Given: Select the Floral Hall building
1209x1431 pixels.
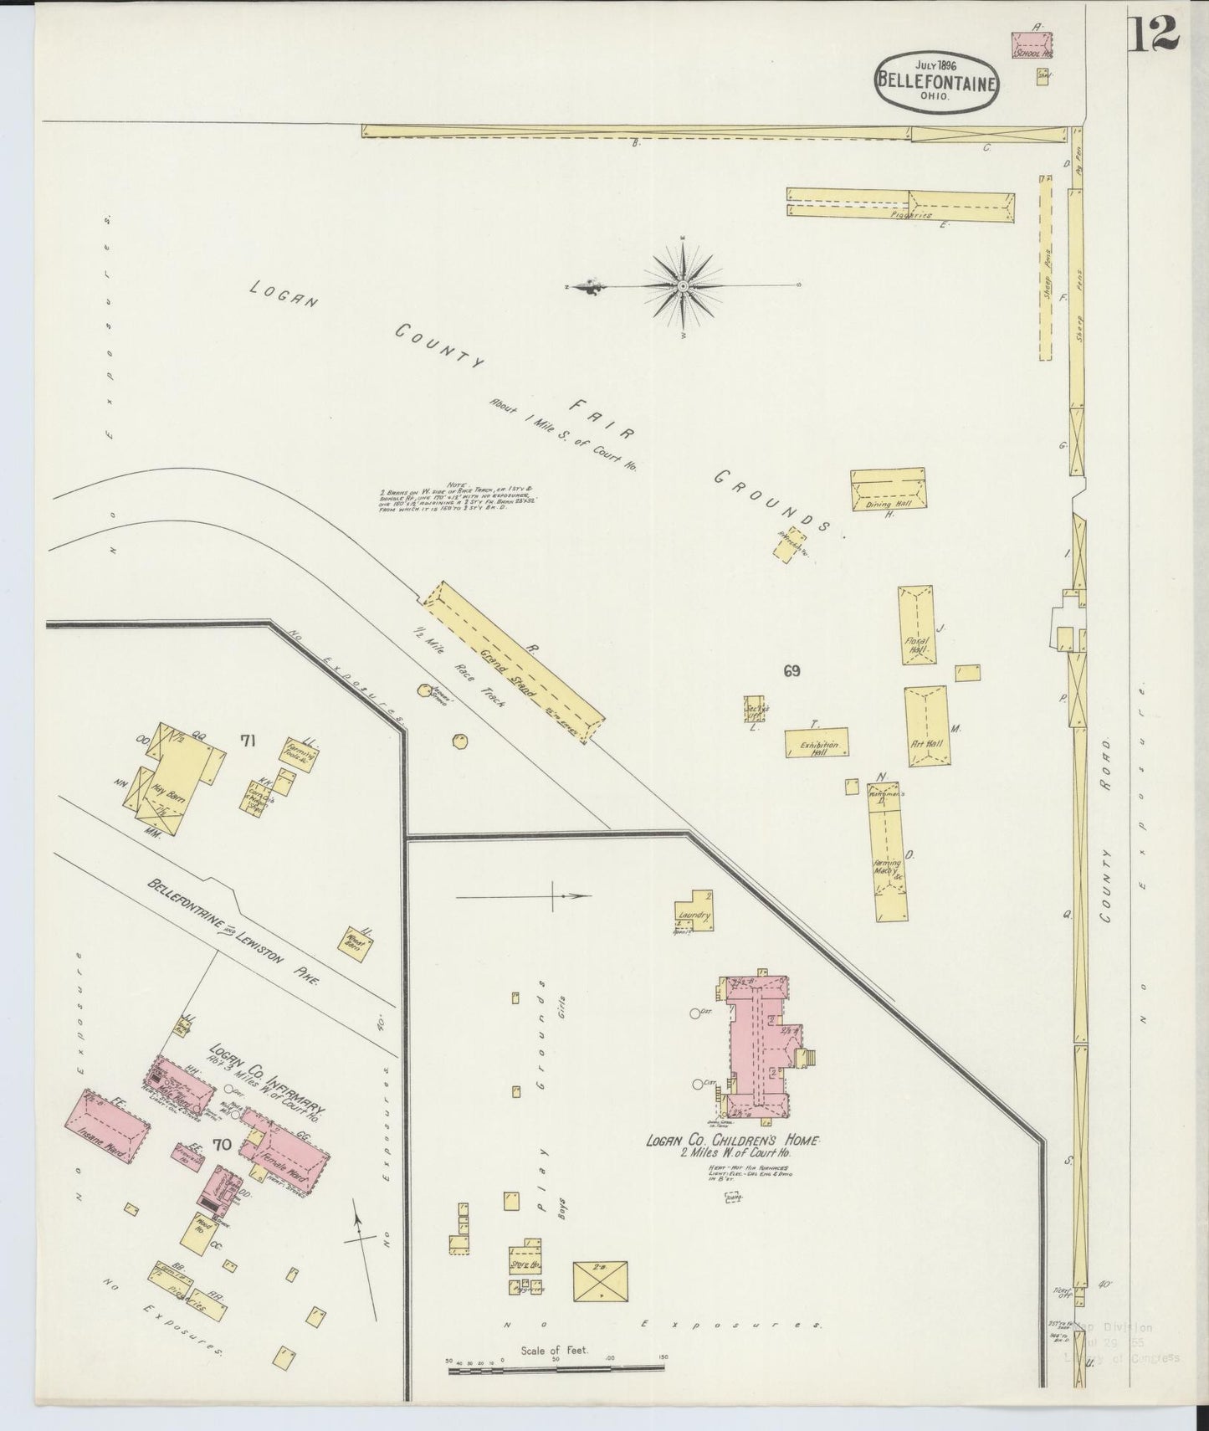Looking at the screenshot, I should [918, 627].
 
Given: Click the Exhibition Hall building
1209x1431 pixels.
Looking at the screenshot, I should [817, 743].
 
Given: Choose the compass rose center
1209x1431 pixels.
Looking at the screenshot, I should [684, 287].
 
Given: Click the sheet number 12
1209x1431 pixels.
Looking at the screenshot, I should [1155, 33].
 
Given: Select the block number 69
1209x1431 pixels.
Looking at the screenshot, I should [791, 670].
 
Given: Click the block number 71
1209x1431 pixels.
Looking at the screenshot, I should [248, 740].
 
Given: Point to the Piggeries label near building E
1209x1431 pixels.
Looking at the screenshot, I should [911, 215].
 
